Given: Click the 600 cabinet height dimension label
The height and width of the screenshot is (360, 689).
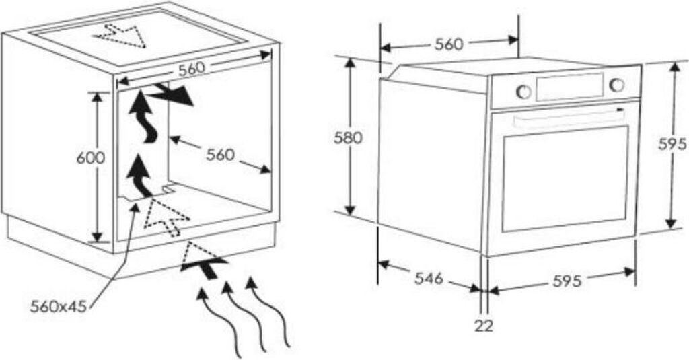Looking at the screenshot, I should point(91,158).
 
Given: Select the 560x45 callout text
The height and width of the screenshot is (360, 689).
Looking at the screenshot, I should point(59,307).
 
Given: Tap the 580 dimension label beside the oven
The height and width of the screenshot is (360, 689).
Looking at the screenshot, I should point(349,138).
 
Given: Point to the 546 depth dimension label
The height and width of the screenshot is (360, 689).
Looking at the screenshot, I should point(428,277).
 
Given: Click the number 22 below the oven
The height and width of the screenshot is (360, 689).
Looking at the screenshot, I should point(483,326).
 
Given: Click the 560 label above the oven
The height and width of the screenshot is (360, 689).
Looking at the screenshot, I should point(448,44).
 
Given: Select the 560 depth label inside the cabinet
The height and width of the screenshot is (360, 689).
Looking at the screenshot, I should point(220,155).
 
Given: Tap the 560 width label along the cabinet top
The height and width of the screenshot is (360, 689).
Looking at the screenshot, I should point(192,68).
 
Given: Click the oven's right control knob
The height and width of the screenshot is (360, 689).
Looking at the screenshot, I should point(616,85).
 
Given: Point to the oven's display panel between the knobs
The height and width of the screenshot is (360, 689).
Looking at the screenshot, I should point(569,87).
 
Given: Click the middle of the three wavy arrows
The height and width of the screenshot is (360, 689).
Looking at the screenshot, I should point(244,316).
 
